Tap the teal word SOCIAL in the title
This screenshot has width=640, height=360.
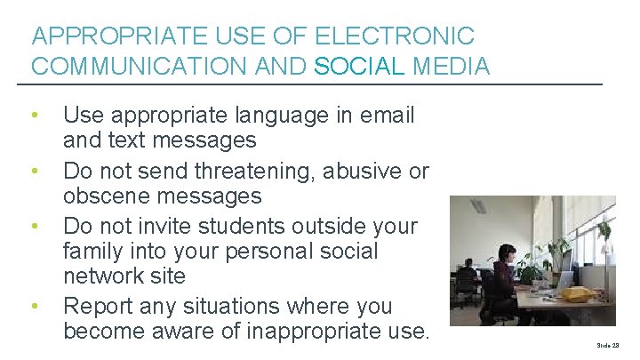pyautogui.click(x=361, y=66)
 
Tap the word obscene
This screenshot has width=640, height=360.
pyautogui.click(x=107, y=196)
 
